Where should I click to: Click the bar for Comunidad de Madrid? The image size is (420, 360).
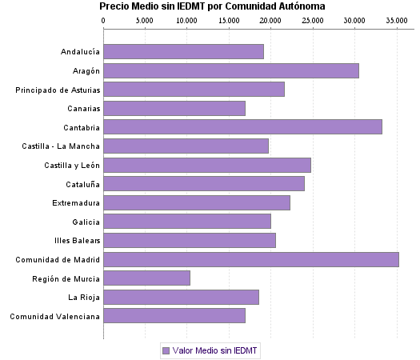[x=250, y=259]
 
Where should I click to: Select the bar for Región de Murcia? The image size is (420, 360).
[x=146, y=278]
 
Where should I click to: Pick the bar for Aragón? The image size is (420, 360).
[x=230, y=70]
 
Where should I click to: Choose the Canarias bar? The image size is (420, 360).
[x=174, y=108]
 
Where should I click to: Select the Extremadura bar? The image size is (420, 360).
[x=196, y=202]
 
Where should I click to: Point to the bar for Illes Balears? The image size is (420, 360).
[x=189, y=240]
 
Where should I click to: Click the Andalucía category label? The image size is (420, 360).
[x=80, y=52]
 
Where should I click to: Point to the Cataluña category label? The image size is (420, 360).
[x=82, y=184]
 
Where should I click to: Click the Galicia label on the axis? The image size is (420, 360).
[x=86, y=222]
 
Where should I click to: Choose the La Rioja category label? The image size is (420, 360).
[x=84, y=297]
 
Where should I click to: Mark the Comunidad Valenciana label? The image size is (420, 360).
[x=55, y=316]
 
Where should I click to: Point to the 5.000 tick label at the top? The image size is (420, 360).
[x=145, y=19]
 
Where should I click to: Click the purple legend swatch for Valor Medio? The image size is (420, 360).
[x=166, y=350]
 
